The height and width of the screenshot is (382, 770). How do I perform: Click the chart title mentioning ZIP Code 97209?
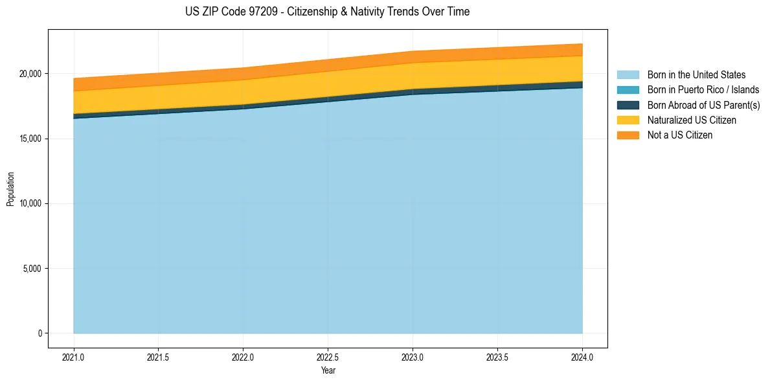point(328,12)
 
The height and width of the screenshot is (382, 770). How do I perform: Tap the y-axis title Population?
point(10,188)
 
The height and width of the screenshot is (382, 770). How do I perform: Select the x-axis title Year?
point(328,370)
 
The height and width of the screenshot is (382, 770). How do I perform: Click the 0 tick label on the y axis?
point(41,333)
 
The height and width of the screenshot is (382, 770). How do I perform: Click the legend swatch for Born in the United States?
point(628,75)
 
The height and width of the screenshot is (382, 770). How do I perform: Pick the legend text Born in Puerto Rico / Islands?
point(703,90)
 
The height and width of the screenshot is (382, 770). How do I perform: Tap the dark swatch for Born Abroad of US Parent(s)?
point(628,105)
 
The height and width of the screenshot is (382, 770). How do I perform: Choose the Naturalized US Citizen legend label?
point(692,120)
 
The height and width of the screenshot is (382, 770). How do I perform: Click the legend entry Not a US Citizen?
point(679,135)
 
